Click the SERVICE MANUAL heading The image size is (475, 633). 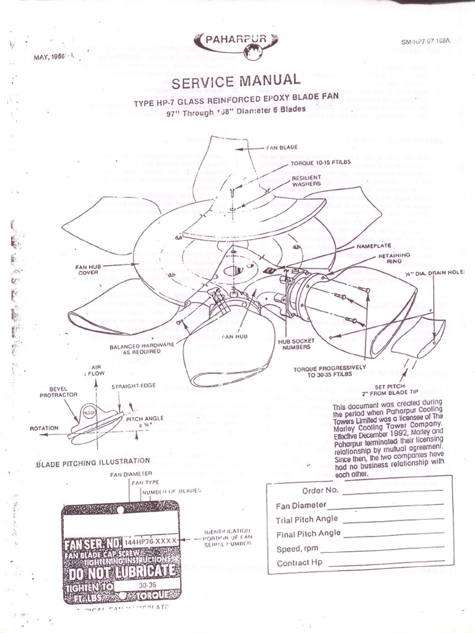click(236, 81)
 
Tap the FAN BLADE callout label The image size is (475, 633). click(281, 148)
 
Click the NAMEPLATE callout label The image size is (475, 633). click(385, 245)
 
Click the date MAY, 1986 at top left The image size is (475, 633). click(51, 58)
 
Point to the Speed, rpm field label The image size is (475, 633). click(297, 548)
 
